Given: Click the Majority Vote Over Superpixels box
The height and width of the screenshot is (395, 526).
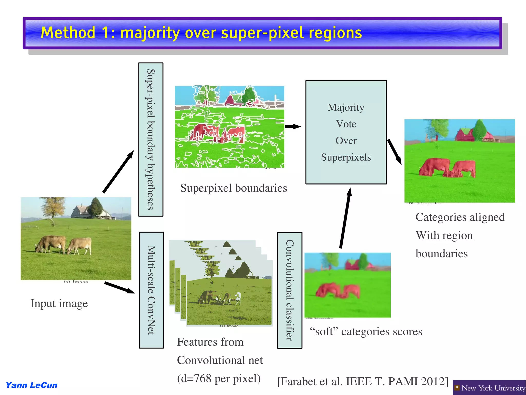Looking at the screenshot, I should (x=346, y=132).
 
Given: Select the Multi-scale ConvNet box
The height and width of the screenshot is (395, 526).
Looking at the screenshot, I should (x=151, y=290).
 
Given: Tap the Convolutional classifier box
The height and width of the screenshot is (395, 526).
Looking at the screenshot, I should (x=289, y=290).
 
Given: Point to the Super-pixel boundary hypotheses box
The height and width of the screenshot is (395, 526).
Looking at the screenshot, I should (x=151, y=139).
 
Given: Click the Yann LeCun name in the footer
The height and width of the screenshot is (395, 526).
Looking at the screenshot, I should (x=32, y=385).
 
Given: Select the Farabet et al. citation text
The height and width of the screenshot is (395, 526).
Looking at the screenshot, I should (x=362, y=381).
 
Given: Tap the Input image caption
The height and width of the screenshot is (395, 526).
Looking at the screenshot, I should (x=59, y=303).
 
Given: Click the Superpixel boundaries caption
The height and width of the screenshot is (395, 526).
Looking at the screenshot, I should (x=233, y=188).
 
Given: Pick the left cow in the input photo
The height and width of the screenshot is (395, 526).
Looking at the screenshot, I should (x=51, y=244).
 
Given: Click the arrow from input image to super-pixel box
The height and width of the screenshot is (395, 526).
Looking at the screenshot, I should (x=118, y=172).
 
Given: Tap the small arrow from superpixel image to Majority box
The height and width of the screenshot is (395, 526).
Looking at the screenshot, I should (x=293, y=126).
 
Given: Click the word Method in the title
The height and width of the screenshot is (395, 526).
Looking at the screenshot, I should (x=68, y=33).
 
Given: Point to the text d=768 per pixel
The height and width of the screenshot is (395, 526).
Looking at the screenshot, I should (x=219, y=378).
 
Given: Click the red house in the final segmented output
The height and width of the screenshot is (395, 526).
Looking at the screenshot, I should (x=466, y=134).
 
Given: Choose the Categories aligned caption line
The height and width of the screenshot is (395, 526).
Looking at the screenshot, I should (x=460, y=217).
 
